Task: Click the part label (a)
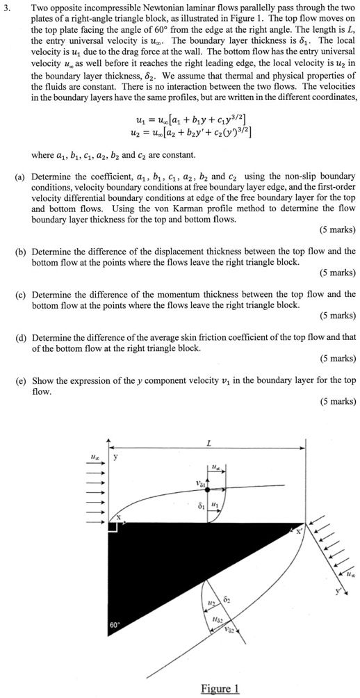click(20, 177)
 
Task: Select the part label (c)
click(20, 294)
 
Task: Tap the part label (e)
click(20, 380)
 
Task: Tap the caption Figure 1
click(220, 688)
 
